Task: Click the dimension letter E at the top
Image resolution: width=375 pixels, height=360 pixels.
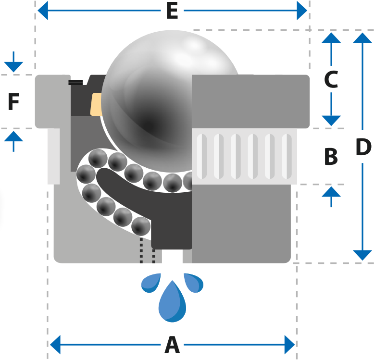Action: tap(172, 11)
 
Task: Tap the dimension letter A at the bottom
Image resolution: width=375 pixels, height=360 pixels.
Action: tap(172, 345)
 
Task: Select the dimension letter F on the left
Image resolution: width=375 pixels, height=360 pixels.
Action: tap(13, 101)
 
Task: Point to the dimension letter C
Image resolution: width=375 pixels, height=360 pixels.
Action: tap(331, 79)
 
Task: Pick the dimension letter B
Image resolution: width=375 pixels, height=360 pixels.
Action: tap(331, 157)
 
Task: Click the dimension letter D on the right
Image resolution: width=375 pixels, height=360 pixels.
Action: tap(363, 147)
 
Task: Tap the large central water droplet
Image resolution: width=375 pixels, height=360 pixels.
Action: tap(172, 302)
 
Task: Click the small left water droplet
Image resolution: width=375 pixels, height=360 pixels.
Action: tap(151, 283)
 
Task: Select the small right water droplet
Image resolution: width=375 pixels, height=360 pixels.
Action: tap(193, 283)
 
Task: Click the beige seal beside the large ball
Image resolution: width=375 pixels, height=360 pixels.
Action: tap(96, 104)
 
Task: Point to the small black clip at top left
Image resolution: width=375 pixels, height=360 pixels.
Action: tap(75, 82)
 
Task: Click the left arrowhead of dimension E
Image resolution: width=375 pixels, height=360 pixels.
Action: tap(43, 11)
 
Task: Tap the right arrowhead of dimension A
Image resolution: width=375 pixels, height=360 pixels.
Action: tap(289, 345)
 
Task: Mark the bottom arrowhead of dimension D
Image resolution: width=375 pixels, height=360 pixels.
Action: tap(362, 255)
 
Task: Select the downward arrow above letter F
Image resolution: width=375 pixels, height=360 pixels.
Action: tap(13, 62)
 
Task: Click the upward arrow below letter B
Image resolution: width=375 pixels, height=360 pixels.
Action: tap(331, 197)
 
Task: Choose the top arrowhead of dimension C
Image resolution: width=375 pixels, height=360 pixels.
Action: tap(331, 38)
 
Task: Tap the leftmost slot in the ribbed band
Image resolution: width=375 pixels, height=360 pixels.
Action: tap(201, 156)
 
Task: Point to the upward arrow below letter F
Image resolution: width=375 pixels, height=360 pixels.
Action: tap(13, 141)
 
